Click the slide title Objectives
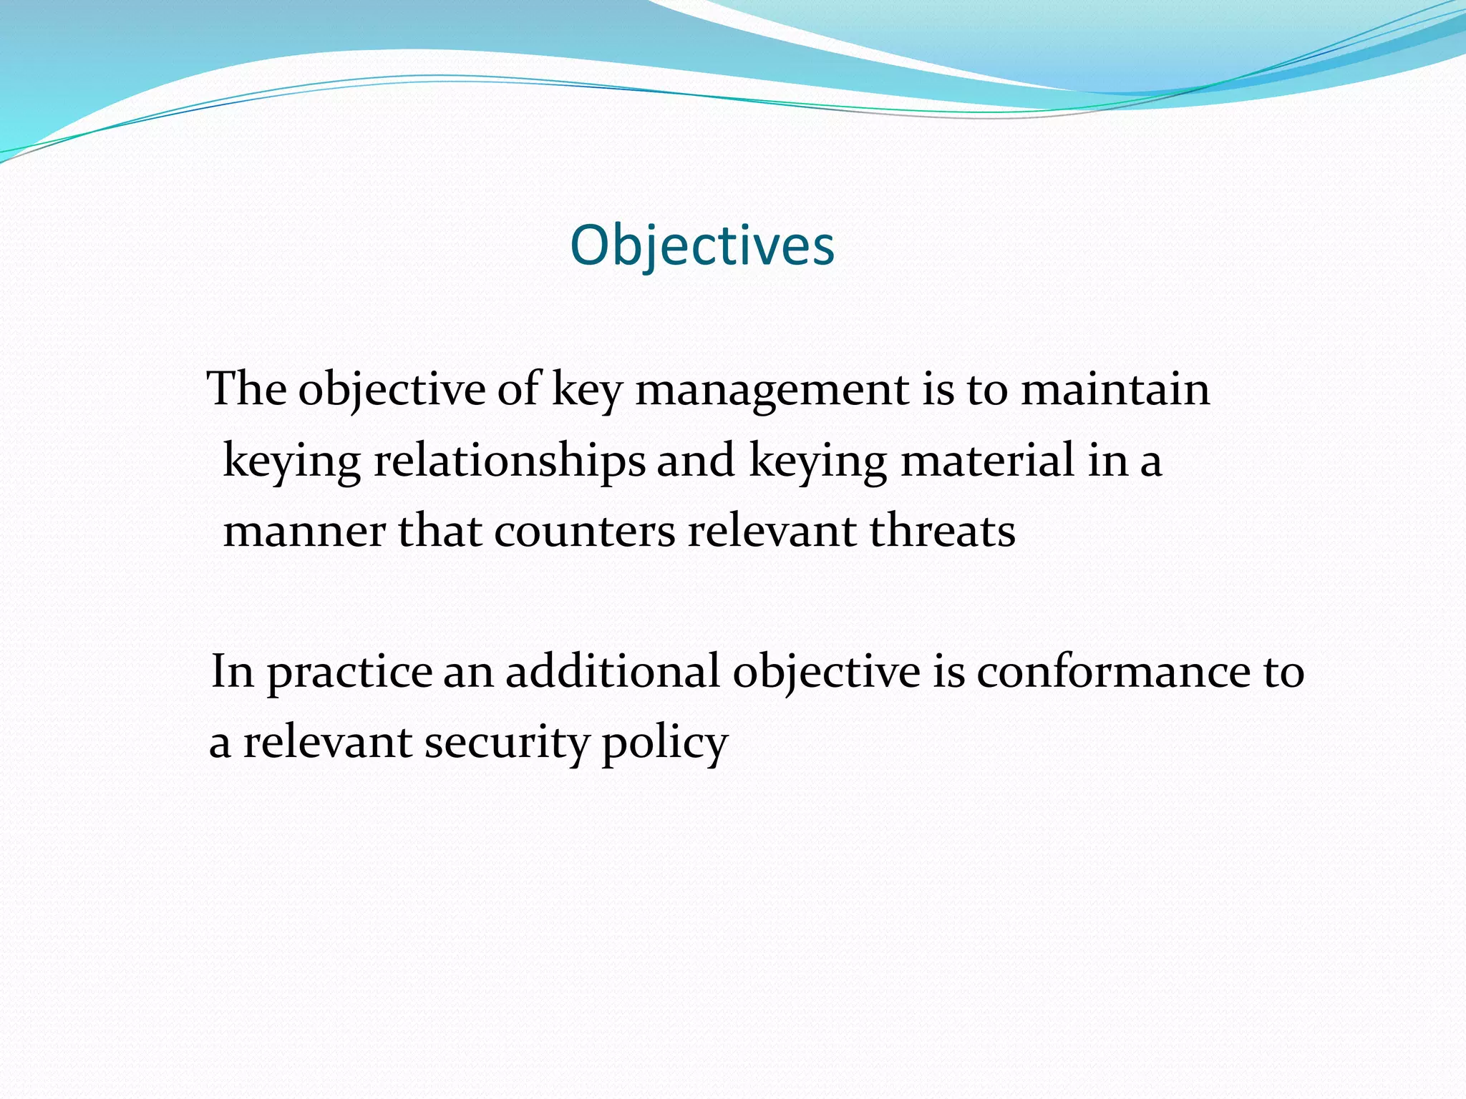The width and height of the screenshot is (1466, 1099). [x=702, y=245]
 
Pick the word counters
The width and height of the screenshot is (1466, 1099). [x=584, y=532]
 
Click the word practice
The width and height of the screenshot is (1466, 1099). [x=350, y=673]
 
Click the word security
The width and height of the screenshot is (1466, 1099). [x=505, y=743]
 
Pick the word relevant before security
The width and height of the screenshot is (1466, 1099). [x=327, y=743]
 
